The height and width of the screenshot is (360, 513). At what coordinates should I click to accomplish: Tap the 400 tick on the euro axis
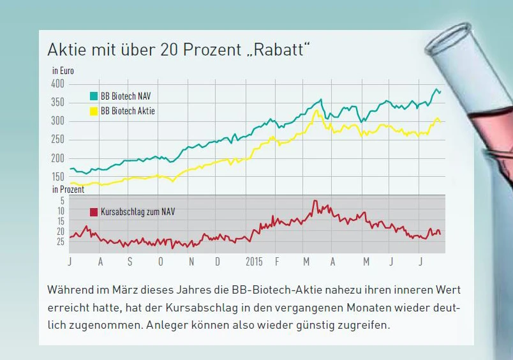(58, 84)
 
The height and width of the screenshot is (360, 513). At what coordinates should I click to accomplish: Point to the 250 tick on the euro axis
(58, 139)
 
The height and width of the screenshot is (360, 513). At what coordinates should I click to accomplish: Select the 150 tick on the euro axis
(58, 176)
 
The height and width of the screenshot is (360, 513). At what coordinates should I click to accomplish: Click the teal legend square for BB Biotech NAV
(94, 96)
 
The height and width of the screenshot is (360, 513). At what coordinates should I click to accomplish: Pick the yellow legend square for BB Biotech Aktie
(94, 111)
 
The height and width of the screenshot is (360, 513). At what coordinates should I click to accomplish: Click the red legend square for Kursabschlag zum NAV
(94, 211)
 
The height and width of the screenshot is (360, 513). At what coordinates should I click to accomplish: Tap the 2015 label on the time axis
(253, 262)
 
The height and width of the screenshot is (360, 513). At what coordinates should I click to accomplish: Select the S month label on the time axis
(130, 262)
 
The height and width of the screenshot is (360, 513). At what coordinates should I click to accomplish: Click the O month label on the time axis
(160, 262)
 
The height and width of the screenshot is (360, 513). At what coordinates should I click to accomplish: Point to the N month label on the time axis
(191, 262)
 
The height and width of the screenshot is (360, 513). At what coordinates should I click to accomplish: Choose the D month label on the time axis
(218, 262)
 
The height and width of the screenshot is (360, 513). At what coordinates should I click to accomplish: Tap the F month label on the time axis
(277, 262)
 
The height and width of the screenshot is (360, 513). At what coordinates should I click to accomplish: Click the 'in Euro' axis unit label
(63, 71)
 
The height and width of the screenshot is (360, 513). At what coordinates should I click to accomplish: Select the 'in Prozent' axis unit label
(68, 190)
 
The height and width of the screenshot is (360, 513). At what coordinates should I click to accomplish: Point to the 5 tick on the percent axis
(62, 200)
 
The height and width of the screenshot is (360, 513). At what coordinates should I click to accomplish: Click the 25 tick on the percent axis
(60, 242)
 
